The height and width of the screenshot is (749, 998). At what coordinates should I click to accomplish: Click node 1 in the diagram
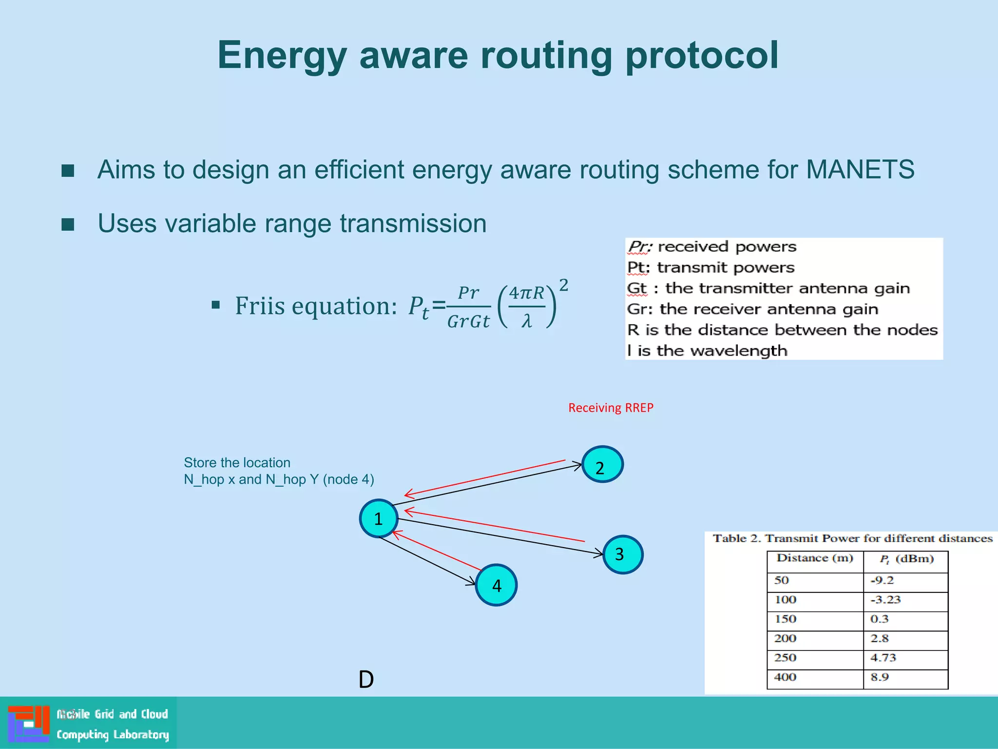point(379,518)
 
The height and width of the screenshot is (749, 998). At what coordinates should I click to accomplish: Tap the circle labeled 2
point(602,465)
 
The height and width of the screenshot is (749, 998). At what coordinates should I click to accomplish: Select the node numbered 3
point(622,554)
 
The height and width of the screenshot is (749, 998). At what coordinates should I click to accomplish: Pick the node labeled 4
point(496,585)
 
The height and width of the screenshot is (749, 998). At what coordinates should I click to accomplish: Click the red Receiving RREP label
point(610,408)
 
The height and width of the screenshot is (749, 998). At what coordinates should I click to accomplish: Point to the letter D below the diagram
point(366,679)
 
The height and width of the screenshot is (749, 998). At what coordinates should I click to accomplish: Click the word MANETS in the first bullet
point(860,170)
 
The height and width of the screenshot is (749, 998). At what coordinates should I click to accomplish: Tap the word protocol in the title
point(702,55)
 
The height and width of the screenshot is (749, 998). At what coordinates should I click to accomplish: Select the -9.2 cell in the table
point(882,580)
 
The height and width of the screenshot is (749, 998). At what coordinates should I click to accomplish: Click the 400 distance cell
point(785,677)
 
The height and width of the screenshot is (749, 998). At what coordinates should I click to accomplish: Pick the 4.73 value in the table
point(883,658)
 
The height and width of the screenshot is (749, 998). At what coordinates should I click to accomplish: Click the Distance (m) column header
point(815,558)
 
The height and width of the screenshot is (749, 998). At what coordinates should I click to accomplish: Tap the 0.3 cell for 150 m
point(879,619)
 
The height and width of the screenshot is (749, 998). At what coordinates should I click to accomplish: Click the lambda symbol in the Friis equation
point(526,321)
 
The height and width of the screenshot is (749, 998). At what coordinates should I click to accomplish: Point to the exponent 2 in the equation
point(563,285)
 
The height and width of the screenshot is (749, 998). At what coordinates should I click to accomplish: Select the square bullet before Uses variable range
point(68,224)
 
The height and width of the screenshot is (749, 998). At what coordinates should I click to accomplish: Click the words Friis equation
point(316,306)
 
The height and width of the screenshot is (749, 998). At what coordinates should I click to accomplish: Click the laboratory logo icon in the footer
point(28,723)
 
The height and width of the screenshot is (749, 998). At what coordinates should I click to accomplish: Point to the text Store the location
point(237,462)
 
